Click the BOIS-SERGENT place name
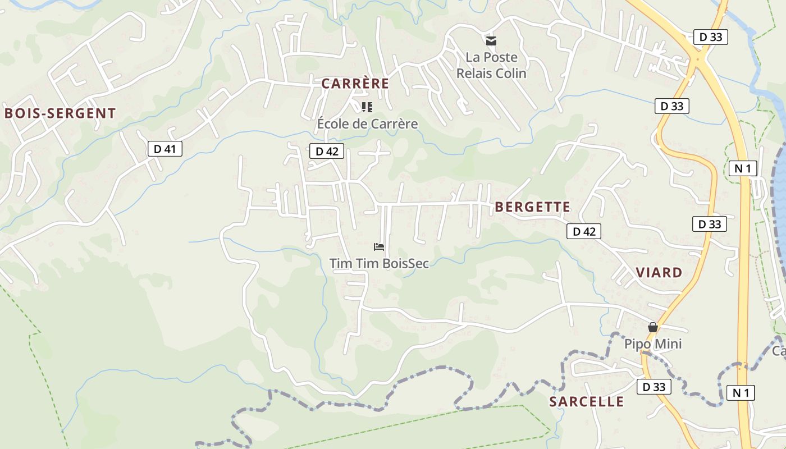pos(60,113)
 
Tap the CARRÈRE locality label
pos(355,84)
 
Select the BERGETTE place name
pos(532,207)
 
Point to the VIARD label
pos(659,273)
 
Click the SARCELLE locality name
pos(586,402)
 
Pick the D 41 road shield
pos(164,149)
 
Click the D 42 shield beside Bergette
pos(584,231)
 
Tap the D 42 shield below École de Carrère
pos(326,151)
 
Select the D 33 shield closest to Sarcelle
pos(654,387)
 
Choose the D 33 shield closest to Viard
pos(709,224)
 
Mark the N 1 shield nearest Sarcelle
pos(741,392)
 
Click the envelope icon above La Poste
pos(491,40)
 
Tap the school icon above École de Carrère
pos(367,107)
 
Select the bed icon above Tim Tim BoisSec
pos(379,246)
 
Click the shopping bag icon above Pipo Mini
pos(653,327)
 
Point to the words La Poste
pos(491,57)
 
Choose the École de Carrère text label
pos(367,123)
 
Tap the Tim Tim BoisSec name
pos(379,263)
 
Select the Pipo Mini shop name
pos(653,343)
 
